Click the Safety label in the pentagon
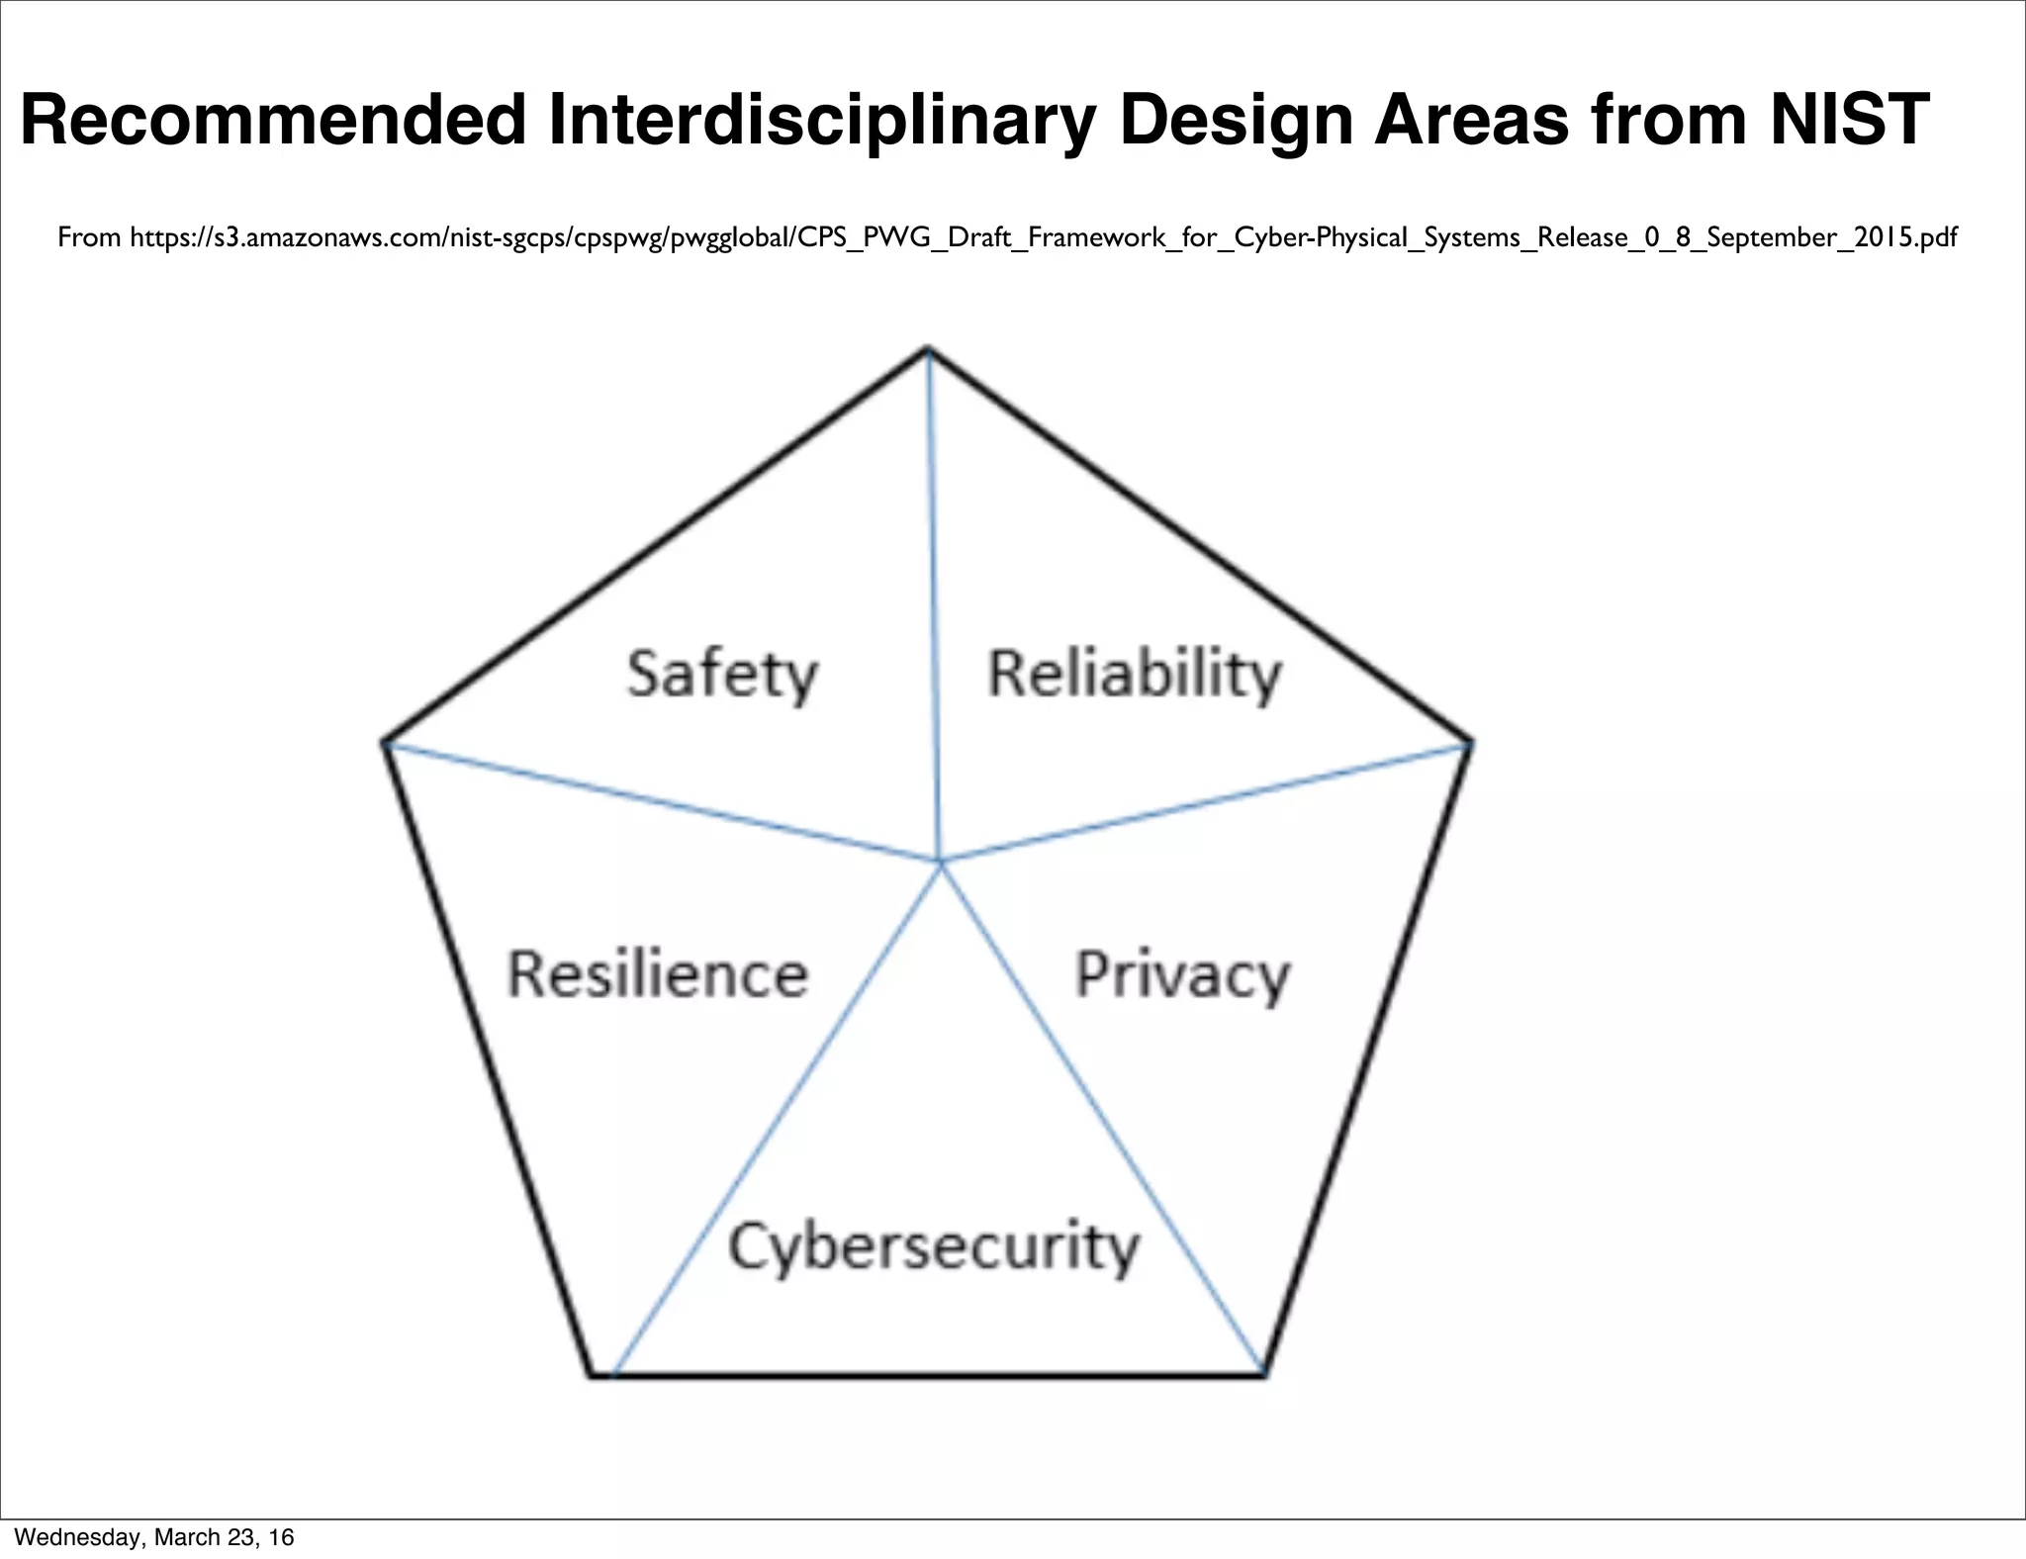click(x=722, y=676)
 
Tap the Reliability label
click(x=1135, y=676)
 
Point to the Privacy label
click(x=1182, y=976)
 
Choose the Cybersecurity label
click(x=934, y=1247)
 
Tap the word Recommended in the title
click(x=273, y=120)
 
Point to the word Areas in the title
click(x=1471, y=120)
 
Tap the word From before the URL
click(x=89, y=237)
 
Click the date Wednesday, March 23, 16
click(x=154, y=1536)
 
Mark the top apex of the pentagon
click(x=928, y=349)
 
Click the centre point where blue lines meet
click(x=940, y=862)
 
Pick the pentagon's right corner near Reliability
click(x=1471, y=742)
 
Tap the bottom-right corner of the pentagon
click(x=1264, y=1374)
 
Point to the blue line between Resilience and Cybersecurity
click(x=777, y=1118)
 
